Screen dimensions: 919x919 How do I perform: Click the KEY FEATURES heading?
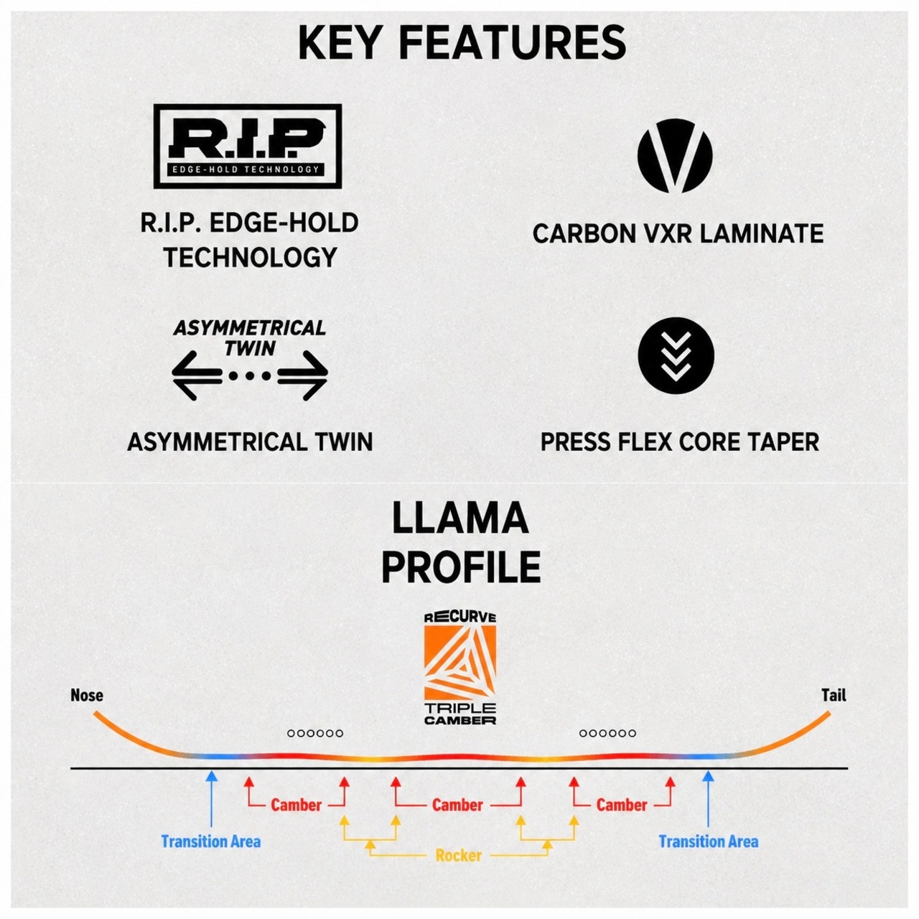pos(462,43)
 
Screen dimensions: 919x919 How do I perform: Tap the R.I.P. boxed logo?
pos(248,146)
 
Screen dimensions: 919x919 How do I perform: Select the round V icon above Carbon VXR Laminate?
pos(675,156)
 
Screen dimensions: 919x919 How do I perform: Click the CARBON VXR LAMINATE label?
pos(678,233)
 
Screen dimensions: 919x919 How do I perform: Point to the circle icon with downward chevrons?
pos(676,355)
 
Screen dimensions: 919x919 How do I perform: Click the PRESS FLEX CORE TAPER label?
pos(680,442)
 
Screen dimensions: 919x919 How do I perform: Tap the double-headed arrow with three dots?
pos(249,375)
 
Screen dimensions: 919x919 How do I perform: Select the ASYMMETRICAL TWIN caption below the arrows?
pos(250,442)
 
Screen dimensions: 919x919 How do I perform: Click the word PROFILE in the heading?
pos(461,567)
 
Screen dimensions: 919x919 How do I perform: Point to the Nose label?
pos(87,695)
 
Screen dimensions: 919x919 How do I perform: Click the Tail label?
pos(834,695)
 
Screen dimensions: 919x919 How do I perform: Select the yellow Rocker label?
pos(459,856)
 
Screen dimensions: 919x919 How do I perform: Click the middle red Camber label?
pos(458,805)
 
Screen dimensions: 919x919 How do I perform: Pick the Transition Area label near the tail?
pos(709,841)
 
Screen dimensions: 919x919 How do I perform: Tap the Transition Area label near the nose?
pos(211,841)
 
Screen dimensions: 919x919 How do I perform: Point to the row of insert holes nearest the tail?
pos(607,734)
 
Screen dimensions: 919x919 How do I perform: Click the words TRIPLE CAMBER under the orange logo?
pos(460,714)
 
